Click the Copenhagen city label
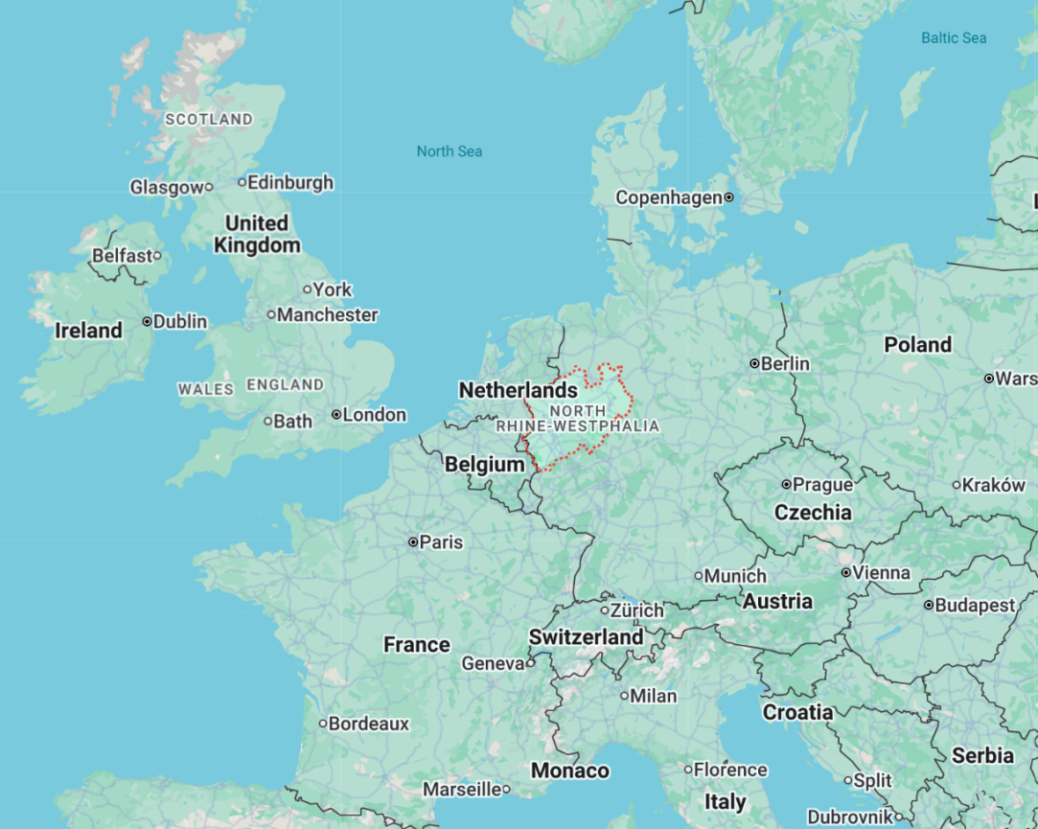coord(668,197)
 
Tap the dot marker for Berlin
coord(755,363)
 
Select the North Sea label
coord(450,151)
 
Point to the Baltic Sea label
coord(954,38)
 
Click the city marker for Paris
coord(413,541)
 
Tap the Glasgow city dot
coord(209,187)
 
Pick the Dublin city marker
coord(148,321)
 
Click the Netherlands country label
coord(518,390)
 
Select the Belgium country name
coord(484,465)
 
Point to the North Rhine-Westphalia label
coord(578,418)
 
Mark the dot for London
coord(336,415)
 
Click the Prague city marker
coord(786,485)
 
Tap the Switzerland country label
coord(586,637)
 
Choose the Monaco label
coord(569,771)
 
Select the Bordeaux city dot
coord(323,724)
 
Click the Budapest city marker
coord(929,605)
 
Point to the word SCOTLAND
coord(209,120)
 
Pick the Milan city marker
coord(624,696)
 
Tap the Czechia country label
coord(813,513)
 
